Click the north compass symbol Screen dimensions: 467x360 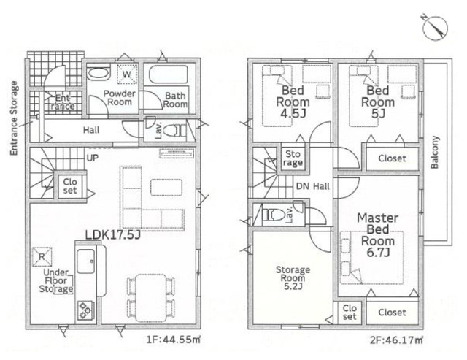click(435, 28)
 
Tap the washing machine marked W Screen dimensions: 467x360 click(127, 74)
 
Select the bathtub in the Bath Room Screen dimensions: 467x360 click(169, 74)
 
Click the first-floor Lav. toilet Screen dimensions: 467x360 click(174, 131)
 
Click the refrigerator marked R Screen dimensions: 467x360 click(42, 256)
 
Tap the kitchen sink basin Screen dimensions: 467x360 click(86, 261)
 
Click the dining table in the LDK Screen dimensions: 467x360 click(151, 298)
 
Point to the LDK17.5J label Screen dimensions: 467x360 click(112, 235)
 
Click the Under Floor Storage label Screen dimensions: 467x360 click(56, 280)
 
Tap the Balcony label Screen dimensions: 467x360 click(435, 153)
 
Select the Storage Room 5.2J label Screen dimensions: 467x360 click(293, 278)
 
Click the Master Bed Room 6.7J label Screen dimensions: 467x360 click(378, 235)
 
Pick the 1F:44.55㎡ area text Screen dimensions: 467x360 click(174, 340)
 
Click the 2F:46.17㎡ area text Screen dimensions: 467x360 click(396, 340)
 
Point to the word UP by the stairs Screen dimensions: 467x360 click(93, 158)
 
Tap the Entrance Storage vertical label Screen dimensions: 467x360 click(14, 118)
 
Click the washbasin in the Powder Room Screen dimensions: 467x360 click(99, 74)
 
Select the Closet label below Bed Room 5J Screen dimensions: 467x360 click(392, 158)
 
